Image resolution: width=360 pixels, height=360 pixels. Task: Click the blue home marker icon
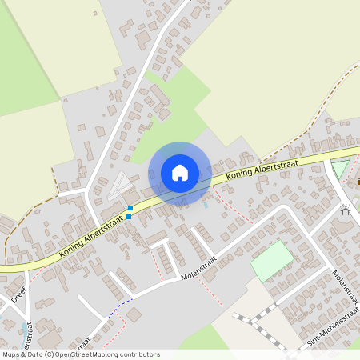pos(180,173)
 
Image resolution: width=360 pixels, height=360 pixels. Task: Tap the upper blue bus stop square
pos(130,208)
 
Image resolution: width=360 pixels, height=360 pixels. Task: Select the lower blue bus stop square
pos(129,216)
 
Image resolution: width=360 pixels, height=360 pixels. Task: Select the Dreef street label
pos(19,297)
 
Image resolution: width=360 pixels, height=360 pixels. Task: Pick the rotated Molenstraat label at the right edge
pos(344,288)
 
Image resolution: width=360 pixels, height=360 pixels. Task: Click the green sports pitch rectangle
pos(273,261)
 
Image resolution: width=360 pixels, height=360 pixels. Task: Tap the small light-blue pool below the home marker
pos(206,204)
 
